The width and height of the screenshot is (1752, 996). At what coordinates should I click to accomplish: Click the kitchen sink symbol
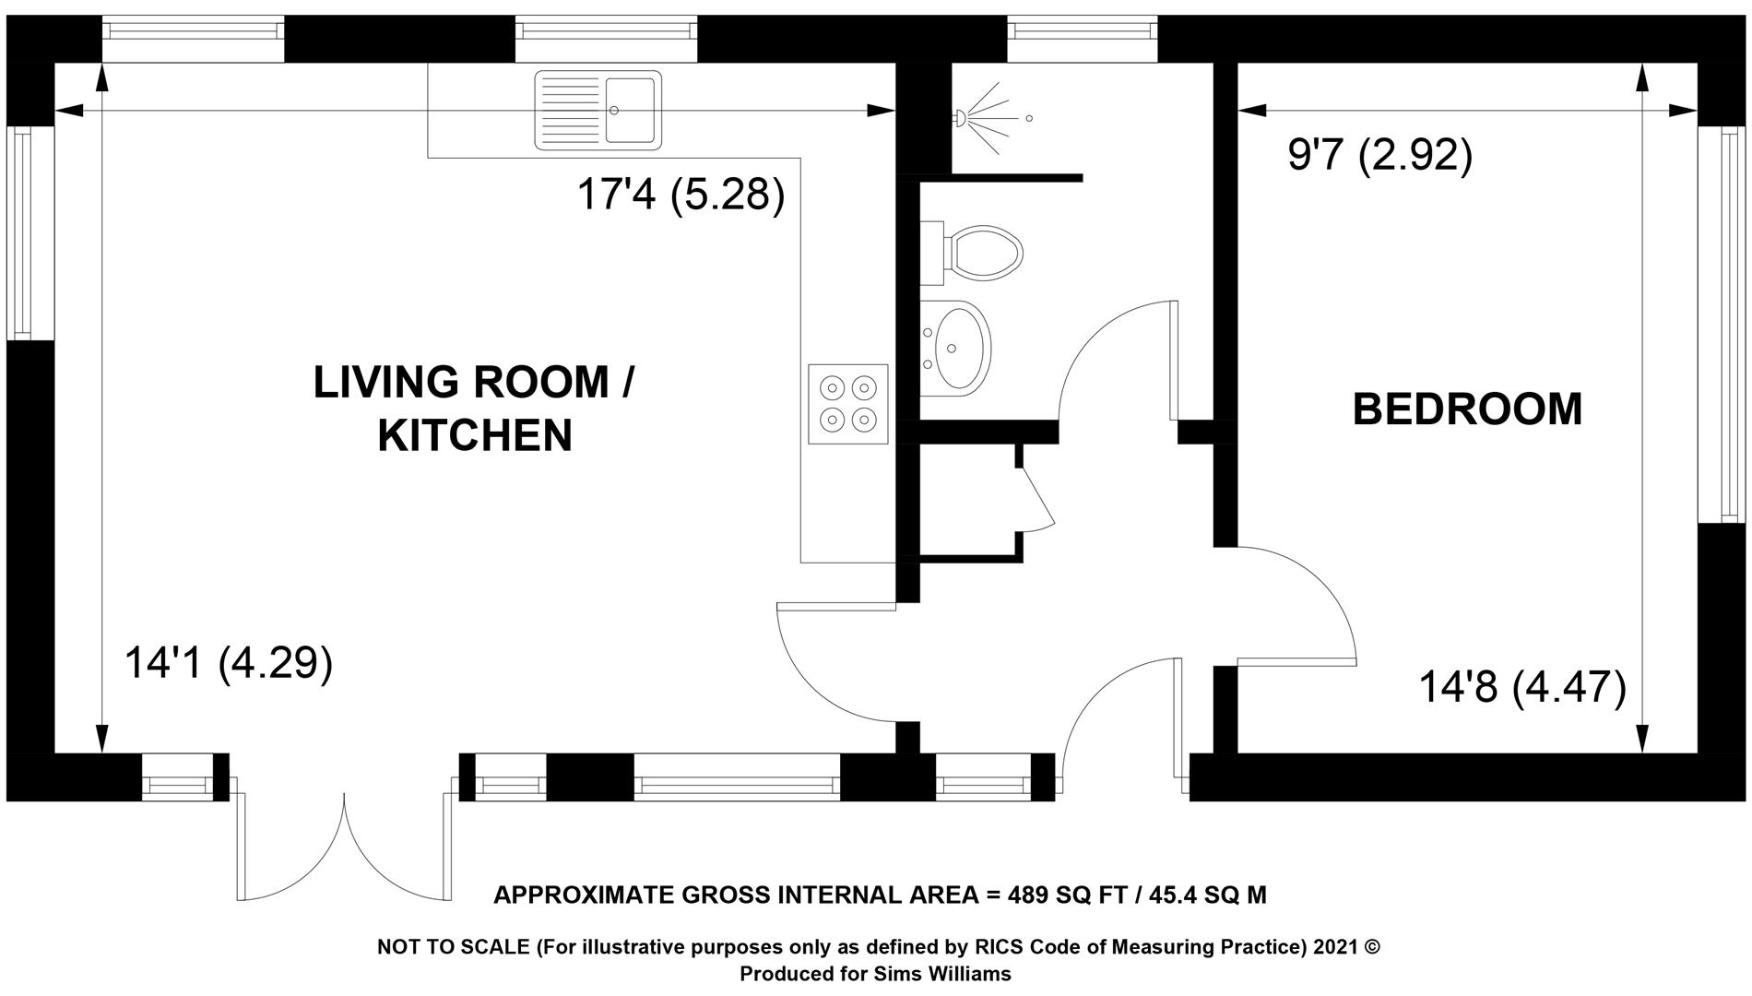pyautogui.click(x=598, y=110)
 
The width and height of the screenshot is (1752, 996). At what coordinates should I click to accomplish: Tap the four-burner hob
pyautogui.click(x=848, y=404)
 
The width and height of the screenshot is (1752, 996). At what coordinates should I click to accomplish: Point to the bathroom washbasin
pyautogui.click(x=955, y=349)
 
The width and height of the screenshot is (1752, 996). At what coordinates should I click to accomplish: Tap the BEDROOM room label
pyautogui.click(x=1467, y=409)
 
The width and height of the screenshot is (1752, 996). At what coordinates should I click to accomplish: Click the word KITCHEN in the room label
pyautogui.click(x=475, y=435)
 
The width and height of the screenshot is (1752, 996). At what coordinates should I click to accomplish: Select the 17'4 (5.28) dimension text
pyautogui.click(x=681, y=195)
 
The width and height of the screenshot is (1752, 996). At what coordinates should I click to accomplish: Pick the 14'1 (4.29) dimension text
pyautogui.click(x=228, y=663)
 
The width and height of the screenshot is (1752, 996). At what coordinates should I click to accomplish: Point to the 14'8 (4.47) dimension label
pyautogui.click(x=1521, y=687)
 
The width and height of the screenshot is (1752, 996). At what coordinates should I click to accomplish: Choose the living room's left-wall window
pyautogui.click(x=30, y=232)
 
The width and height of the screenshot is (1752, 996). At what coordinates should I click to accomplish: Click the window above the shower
pyautogui.click(x=1083, y=40)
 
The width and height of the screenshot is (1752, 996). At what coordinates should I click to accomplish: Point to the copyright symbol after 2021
pyautogui.click(x=1371, y=947)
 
